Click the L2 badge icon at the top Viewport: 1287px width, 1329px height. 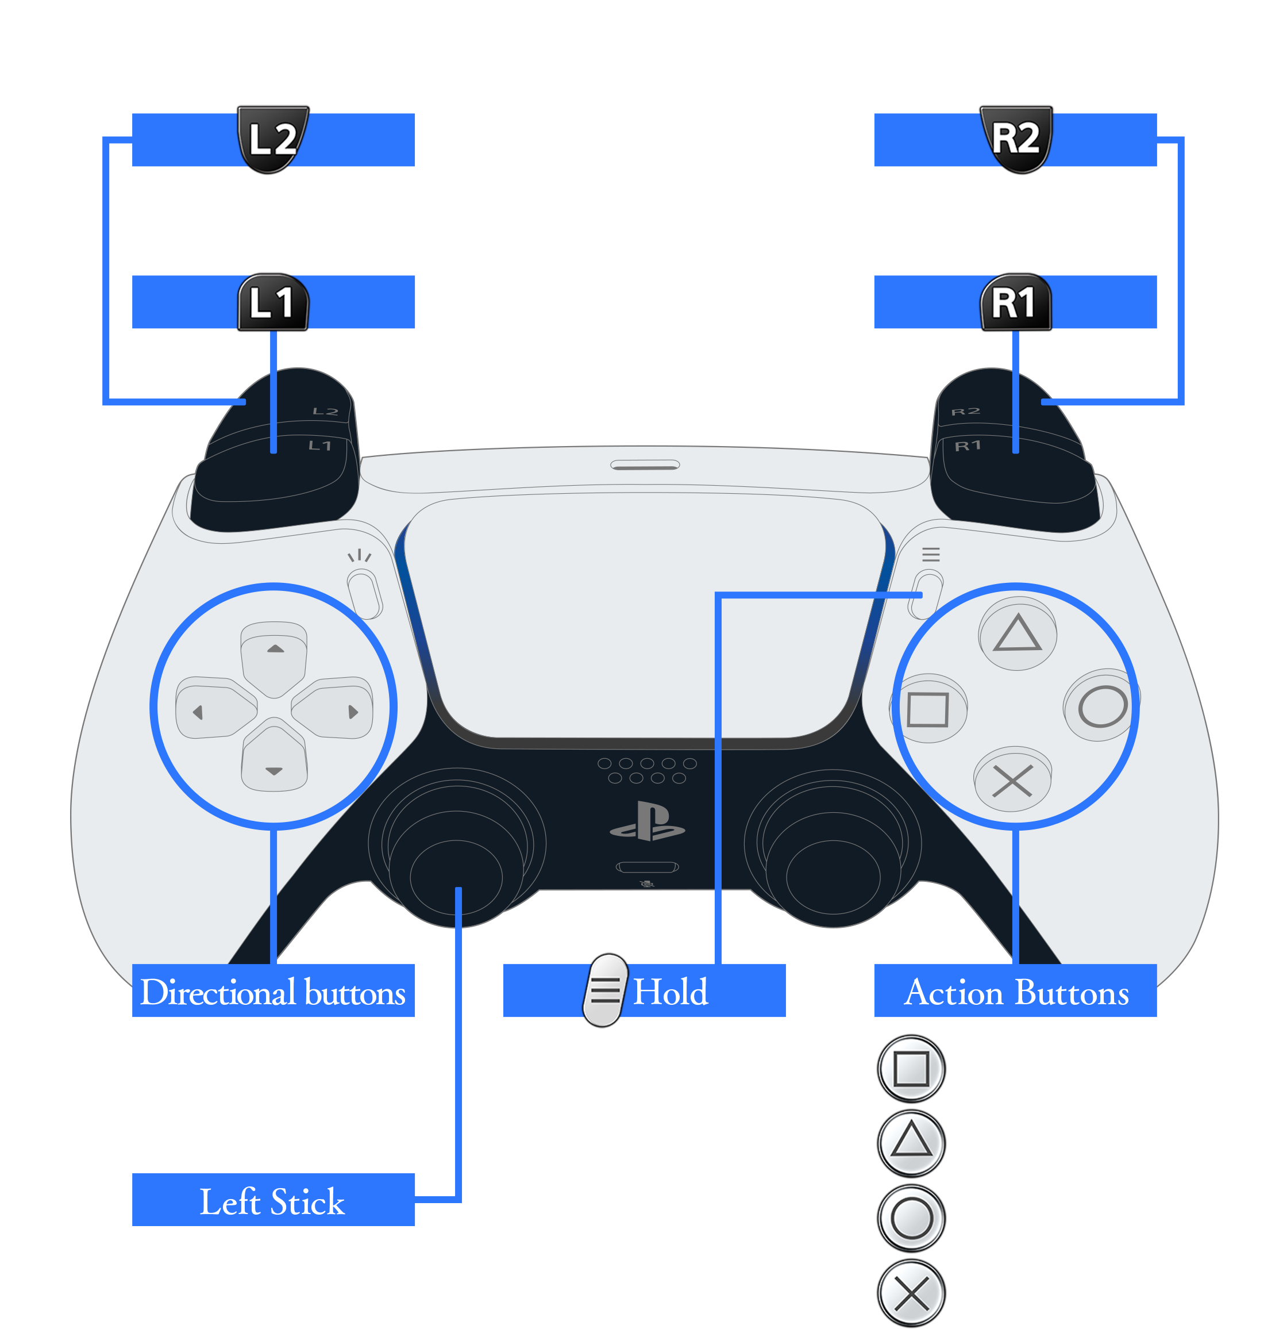(x=272, y=139)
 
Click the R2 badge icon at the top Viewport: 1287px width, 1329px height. (x=1015, y=139)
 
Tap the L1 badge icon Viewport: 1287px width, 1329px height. (x=272, y=302)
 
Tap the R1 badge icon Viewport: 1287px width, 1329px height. (x=1015, y=302)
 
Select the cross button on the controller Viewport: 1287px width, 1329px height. (x=1012, y=781)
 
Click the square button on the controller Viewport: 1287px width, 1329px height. (x=928, y=709)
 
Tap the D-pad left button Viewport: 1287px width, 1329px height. (x=211, y=709)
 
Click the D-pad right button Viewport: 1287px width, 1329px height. (x=336, y=709)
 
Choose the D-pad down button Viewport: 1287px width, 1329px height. (x=274, y=763)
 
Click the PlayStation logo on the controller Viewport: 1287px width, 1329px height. (x=647, y=822)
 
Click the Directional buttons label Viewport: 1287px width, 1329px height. (x=273, y=992)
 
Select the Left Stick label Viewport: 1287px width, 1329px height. (x=273, y=1201)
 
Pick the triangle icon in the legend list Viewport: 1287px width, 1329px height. (x=912, y=1143)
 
